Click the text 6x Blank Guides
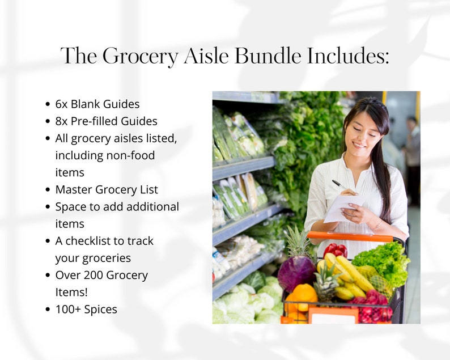(97, 104)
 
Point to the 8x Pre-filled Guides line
(106, 121)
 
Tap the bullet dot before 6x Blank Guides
(48, 105)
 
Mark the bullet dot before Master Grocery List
(48, 190)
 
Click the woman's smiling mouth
(359, 146)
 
